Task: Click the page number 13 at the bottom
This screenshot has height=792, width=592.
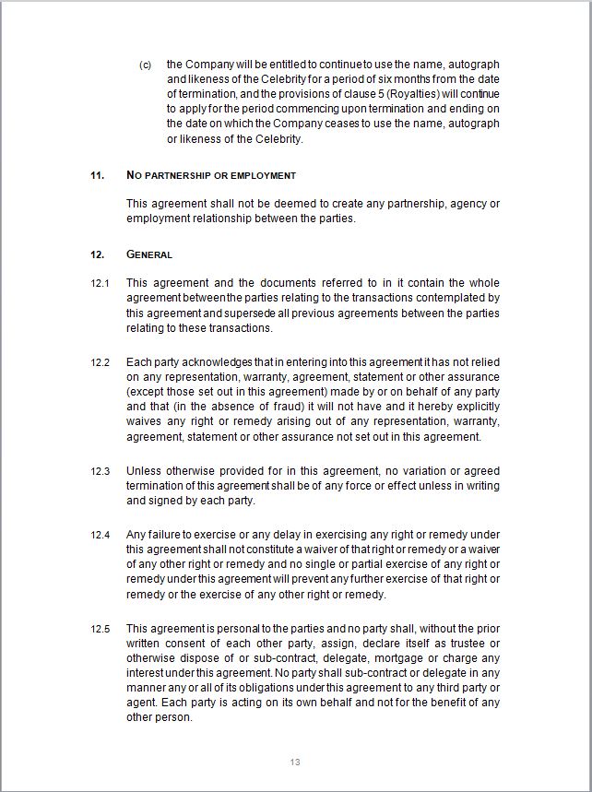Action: [295, 762]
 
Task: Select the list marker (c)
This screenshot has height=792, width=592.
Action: [145, 65]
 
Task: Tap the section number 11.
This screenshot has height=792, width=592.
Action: [98, 174]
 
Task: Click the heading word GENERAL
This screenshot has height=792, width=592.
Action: [149, 254]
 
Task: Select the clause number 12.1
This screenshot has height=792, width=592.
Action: [101, 282]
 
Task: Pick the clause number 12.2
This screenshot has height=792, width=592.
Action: [101, 361]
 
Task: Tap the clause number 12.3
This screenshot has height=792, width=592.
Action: [101, 470]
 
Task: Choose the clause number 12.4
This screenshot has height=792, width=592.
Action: [101, 535]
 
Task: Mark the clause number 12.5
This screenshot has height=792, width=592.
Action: [101, 629]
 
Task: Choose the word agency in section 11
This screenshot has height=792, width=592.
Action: [466, 204]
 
